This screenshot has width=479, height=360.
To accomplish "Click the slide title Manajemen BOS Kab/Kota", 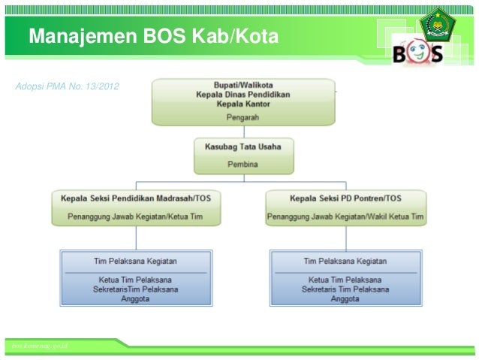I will (154, 36).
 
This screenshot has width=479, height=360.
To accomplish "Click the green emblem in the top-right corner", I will (437, 24).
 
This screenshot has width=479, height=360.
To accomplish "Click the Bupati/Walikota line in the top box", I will (243, 85).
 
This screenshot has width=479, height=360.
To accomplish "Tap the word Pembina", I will (243, 162).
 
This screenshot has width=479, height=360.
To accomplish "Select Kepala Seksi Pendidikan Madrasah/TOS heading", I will (135, 198).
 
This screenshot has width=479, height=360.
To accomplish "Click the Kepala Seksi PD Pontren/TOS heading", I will (345, 198).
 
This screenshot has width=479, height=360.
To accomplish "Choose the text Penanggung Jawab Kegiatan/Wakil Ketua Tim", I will (345, 217).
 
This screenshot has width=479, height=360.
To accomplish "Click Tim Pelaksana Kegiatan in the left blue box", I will (135, 262).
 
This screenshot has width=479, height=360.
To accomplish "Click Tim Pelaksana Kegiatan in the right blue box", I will (345, 262).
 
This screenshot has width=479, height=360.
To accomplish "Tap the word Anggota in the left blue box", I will (135, 298).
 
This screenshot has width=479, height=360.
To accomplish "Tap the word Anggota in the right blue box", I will (345, 298).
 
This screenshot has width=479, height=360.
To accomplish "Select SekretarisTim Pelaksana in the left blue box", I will (135, 289).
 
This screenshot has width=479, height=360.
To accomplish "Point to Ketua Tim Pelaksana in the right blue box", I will (345, 279).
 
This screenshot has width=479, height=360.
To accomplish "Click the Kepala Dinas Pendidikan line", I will (243, 95).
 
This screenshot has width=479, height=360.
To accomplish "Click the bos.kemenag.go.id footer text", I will (36, 344).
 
